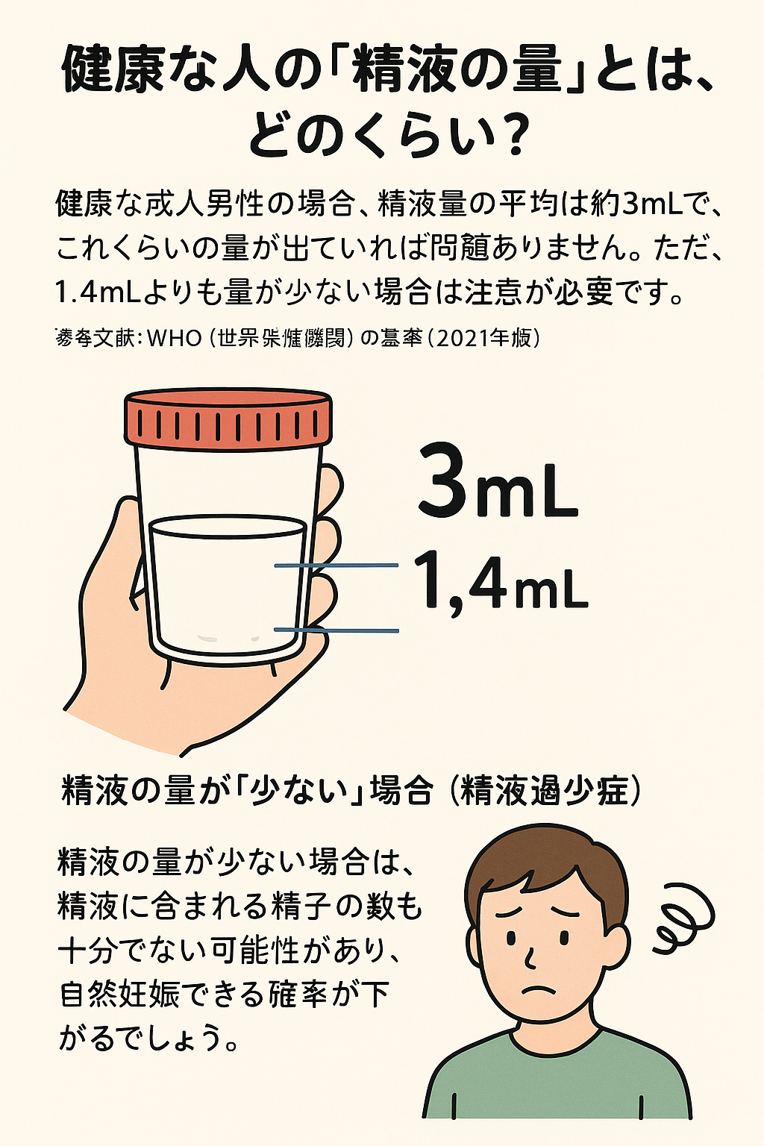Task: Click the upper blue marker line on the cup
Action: click(336, 566)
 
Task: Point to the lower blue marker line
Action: click(336, 631)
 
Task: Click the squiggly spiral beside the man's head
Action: click(683, 917)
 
